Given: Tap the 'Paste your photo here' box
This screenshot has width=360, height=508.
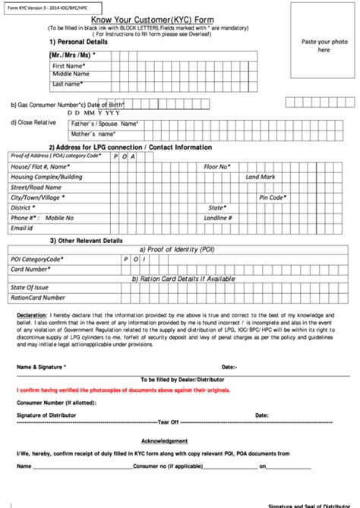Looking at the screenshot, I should pyautogui.click(x=324, y=45).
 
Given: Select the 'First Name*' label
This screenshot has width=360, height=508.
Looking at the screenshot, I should pyautogui.click(x=68, y=66).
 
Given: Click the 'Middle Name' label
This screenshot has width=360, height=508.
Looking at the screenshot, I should pyautogui.click(x=72, y=74).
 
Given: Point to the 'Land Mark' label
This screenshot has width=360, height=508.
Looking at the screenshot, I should pyautogui.click(x=260, y=176).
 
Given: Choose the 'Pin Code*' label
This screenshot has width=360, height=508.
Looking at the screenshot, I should pyautogui.click(x=272, y=197).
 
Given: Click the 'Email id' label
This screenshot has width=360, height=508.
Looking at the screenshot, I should pyautogui.click(x=21, y=228).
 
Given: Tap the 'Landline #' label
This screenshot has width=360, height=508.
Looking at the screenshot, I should pyautogui.click(x=219, y=217).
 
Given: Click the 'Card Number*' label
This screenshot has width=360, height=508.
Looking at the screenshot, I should pyautogui.click(x=30, y=269).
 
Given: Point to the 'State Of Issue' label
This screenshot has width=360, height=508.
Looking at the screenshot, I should pyautogui.click(x=30, y=288).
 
